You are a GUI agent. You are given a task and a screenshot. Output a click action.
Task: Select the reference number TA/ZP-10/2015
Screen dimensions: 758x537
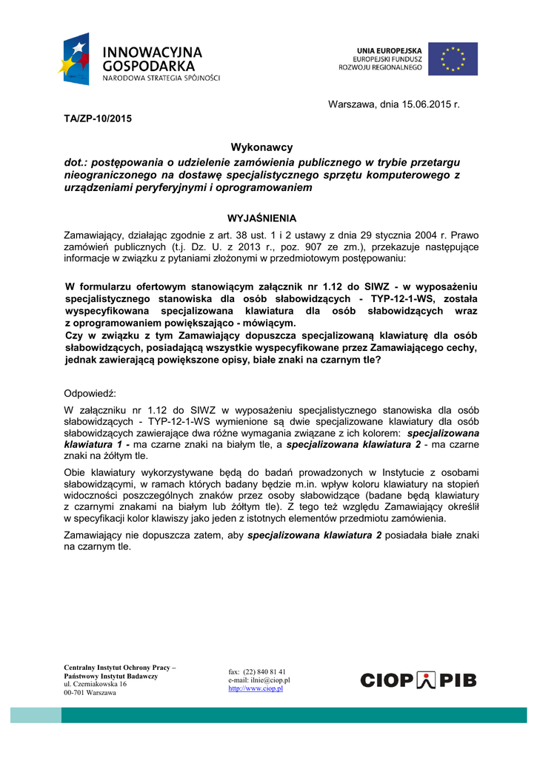tap(97, 118)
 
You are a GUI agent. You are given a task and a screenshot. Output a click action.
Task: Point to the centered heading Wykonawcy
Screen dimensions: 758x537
tap(261, 147)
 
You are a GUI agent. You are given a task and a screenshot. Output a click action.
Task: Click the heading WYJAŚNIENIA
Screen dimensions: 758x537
tap(261, 218)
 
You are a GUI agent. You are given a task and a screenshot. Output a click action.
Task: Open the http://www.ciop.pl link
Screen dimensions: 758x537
tap(256, 688)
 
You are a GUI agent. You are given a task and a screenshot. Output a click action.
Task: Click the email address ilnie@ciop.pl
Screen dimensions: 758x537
tap(270, 680)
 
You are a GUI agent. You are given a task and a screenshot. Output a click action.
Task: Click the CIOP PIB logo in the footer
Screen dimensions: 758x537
tap(418, 680)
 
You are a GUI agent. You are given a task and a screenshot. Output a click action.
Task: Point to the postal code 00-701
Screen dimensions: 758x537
tap(75, 693)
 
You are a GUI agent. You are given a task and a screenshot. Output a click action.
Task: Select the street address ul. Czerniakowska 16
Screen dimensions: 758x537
tap(96, 685)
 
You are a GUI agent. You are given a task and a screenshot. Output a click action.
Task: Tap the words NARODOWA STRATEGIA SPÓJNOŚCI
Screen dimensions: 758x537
tap(161, 77)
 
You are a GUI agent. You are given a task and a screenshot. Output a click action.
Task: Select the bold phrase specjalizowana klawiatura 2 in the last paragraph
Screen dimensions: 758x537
tap(315, 535)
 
